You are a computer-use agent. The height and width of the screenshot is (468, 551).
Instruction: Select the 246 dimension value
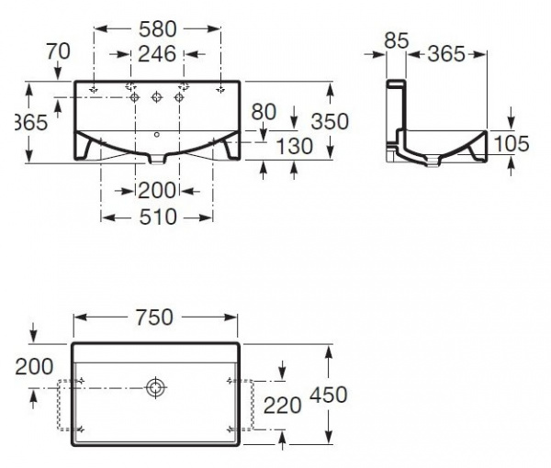pos(157,54)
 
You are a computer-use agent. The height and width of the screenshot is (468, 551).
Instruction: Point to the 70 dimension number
pos(58,51)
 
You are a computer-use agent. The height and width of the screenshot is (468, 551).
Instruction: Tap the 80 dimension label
pos(264,111)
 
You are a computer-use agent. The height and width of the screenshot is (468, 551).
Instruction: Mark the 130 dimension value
pos(294,146)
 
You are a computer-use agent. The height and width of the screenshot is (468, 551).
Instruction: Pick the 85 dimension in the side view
pos(397,40)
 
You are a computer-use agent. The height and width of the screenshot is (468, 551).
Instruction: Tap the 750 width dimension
pos(154,317)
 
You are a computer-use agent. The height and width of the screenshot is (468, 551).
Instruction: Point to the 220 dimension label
pos(282,404)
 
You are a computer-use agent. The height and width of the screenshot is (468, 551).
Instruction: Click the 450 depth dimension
pos(328,396)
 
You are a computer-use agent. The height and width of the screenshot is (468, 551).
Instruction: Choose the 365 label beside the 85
pos(447,54)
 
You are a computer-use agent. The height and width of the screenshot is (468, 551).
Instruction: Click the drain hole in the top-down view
pos(155,388)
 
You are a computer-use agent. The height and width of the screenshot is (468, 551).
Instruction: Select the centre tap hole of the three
pos(157,95)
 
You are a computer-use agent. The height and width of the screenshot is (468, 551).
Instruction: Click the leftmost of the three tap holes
pos(136,95)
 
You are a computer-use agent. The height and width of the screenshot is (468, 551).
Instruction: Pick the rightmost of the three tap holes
pos(177,95)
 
